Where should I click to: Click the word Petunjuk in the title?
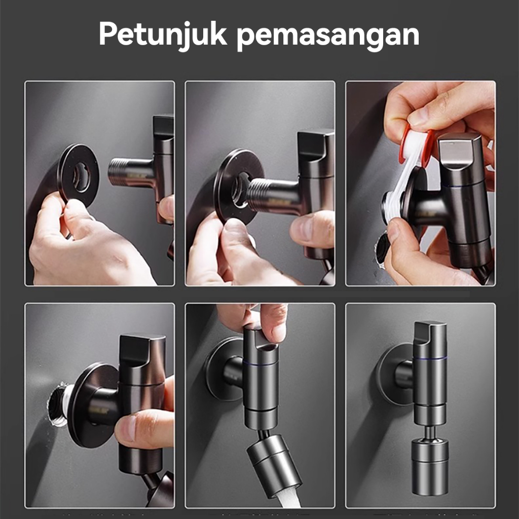tap(163, 34)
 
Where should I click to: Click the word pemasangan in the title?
tap(328, 36)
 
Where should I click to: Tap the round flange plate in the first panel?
tap(78, 175)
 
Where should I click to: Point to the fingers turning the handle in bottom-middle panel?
tap(257, 320)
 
